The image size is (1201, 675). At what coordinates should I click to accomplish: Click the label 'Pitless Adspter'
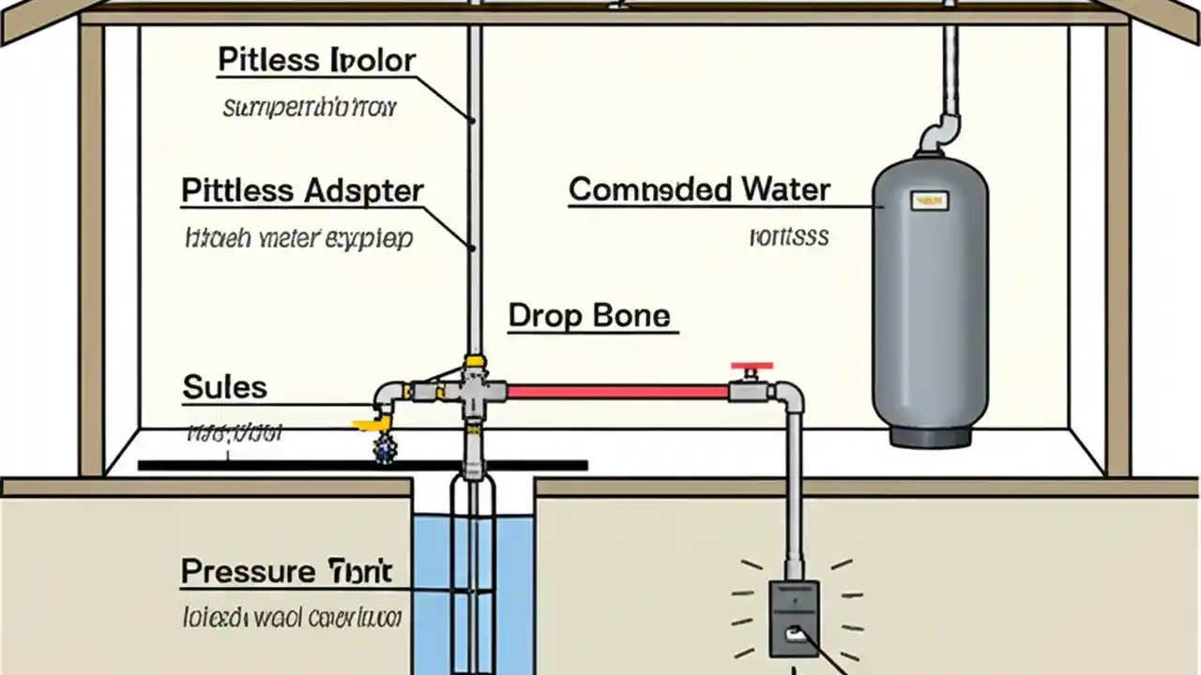302,191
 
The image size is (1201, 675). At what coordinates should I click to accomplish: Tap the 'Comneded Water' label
699,190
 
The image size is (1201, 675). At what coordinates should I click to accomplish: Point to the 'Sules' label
224,387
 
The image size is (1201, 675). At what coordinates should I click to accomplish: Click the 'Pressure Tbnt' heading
286,571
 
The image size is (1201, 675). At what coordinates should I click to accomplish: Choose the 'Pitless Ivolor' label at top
316,61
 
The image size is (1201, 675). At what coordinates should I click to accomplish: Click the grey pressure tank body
930,300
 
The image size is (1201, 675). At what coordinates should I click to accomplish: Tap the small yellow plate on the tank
930,200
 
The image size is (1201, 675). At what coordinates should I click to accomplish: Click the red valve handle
752,365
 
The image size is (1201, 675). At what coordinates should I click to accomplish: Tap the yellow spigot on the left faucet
368,425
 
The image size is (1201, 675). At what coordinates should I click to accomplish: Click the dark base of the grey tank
929,435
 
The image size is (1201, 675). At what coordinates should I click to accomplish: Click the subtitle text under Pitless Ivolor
310,108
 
